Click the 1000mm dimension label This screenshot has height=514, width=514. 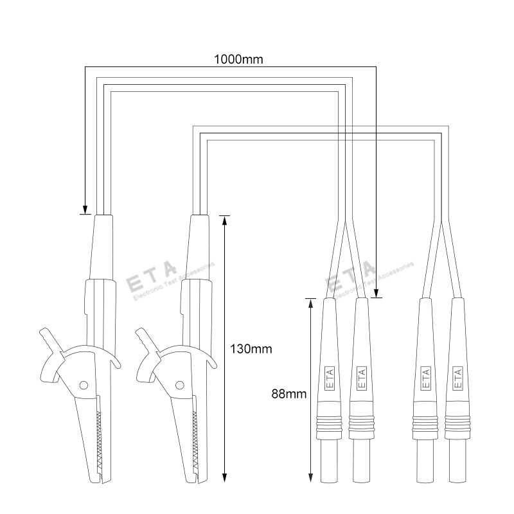[x=238, y=59]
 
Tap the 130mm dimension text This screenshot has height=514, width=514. [x=251, y=349]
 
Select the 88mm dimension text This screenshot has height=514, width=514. [x=288, y=394]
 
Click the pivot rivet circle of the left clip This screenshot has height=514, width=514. [x=84, y=385]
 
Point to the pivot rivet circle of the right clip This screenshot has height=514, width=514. [x=180, y=385]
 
